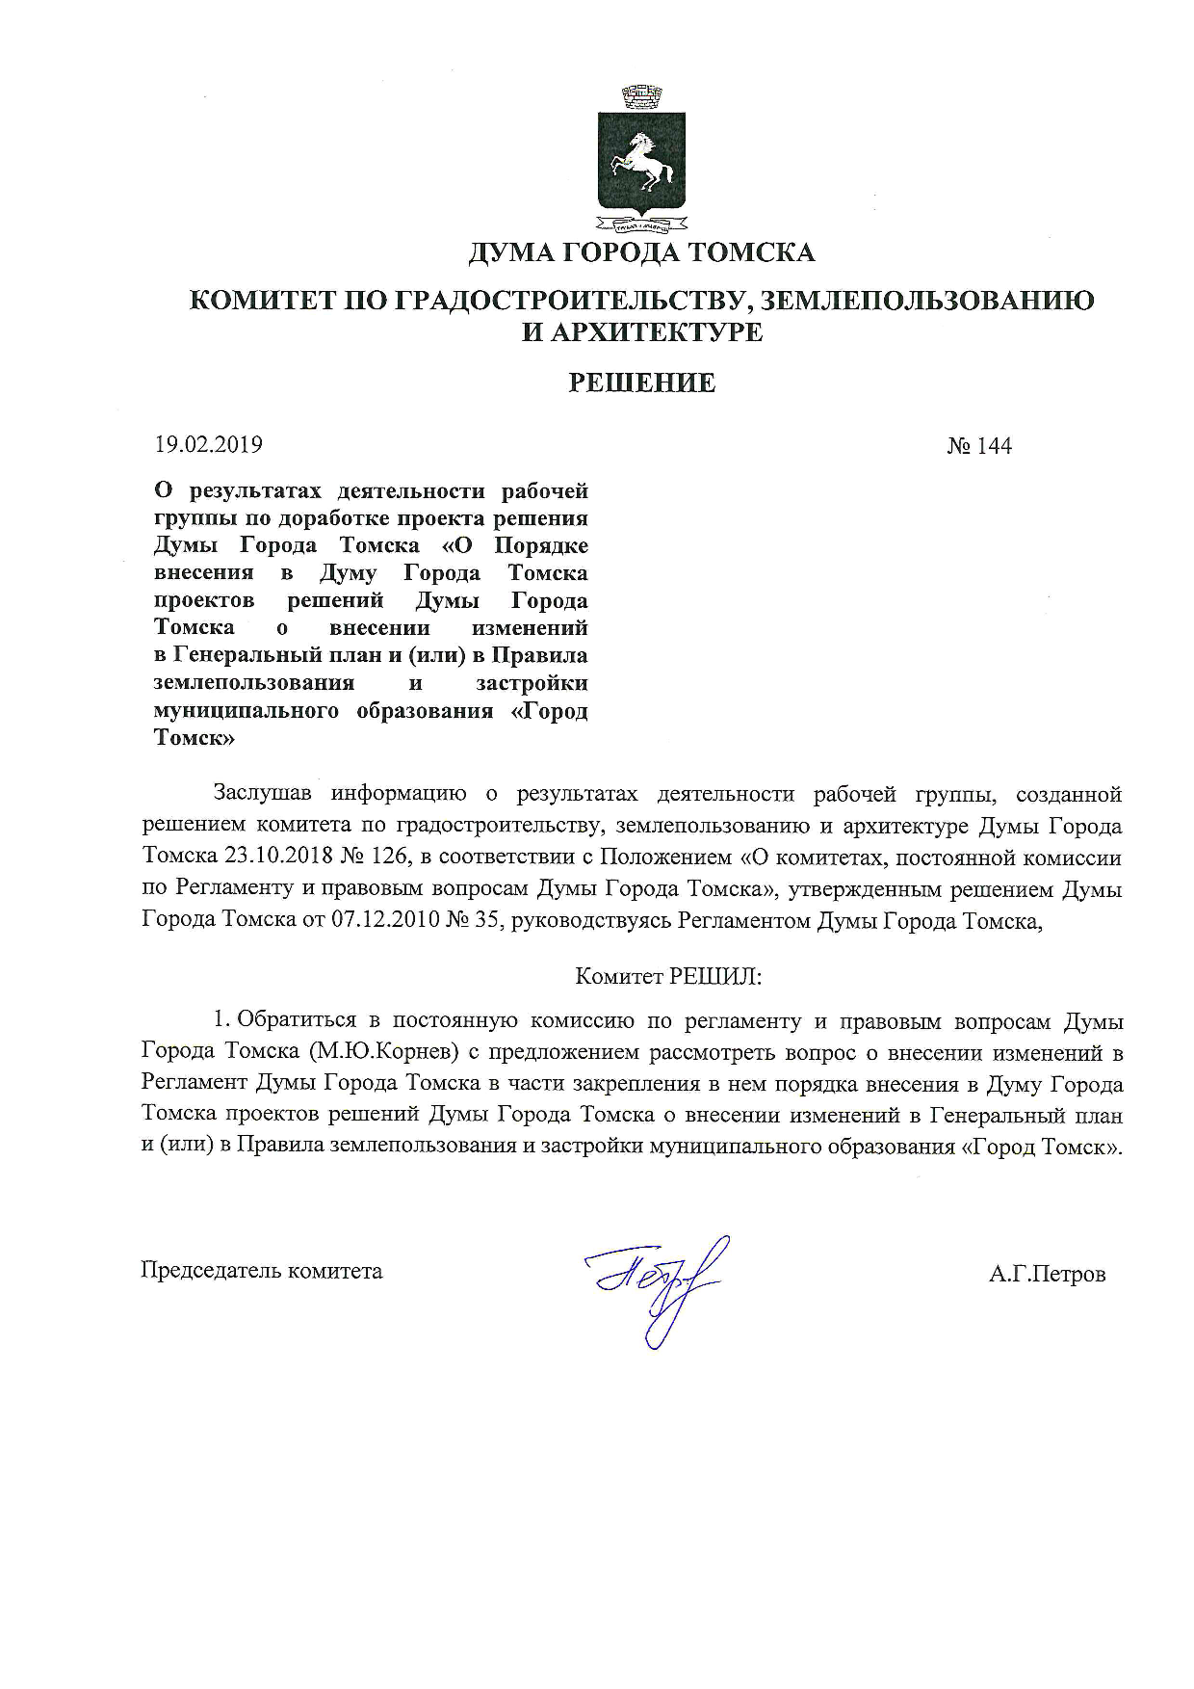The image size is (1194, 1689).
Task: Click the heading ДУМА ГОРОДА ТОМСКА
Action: click(x=641, y=253)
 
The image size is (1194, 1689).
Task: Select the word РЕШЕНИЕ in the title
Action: click(x=641, y=383)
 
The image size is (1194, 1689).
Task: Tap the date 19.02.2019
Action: click(x=209, y=445)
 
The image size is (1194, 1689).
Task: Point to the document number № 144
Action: click(x=979, y=445)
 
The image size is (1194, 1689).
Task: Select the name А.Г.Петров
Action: click(x=1047, y=1274)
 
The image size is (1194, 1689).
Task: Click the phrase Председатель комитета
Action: click(x=262, y=1271)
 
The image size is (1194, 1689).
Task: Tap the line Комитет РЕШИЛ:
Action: click(x=668, y=976)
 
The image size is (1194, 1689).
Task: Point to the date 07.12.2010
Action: click(x=385, y=920)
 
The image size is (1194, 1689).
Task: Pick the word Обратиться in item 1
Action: click(x=297, y=1020)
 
